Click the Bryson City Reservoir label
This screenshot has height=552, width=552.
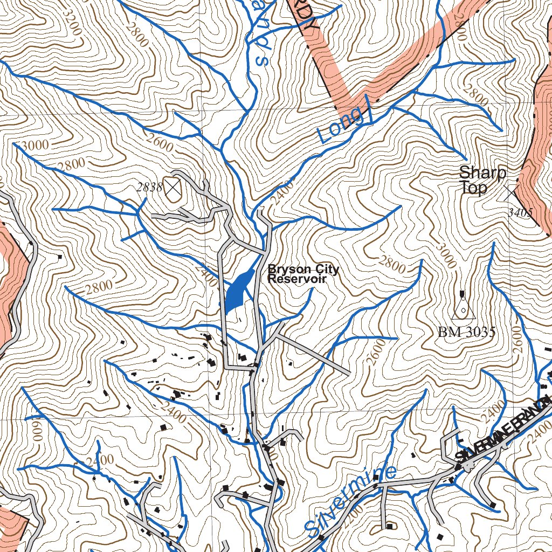(303, 274)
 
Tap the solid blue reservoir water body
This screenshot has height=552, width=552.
(238, 291)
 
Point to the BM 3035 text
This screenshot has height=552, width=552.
(466, 332)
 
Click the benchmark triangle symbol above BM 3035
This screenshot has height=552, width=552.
(463, 307)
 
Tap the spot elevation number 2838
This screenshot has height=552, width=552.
(149, 188)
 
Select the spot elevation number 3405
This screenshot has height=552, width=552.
(520, 213)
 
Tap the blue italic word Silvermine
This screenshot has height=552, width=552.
(350, 501)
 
